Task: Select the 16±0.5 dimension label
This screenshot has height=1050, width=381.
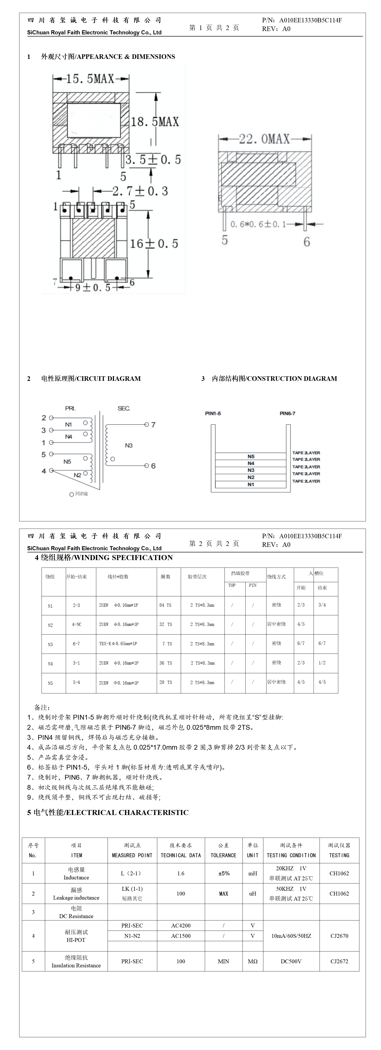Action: [x=154, y=244]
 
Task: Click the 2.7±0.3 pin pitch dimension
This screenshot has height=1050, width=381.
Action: [x=140, y=191]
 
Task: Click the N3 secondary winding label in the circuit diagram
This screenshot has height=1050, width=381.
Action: [x=129, y=445]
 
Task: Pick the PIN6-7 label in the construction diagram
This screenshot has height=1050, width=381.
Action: [x=287, y=413]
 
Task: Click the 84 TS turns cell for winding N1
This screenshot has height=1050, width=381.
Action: [x=165, y=605]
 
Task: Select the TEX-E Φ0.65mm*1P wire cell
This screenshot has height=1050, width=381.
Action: [x=118, y=644]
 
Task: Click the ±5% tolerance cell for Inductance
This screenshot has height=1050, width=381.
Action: [x=224, y=873]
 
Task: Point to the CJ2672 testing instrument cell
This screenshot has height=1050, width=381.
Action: [x=339, y=961]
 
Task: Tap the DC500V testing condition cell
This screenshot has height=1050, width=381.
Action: [x=291, y=961]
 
